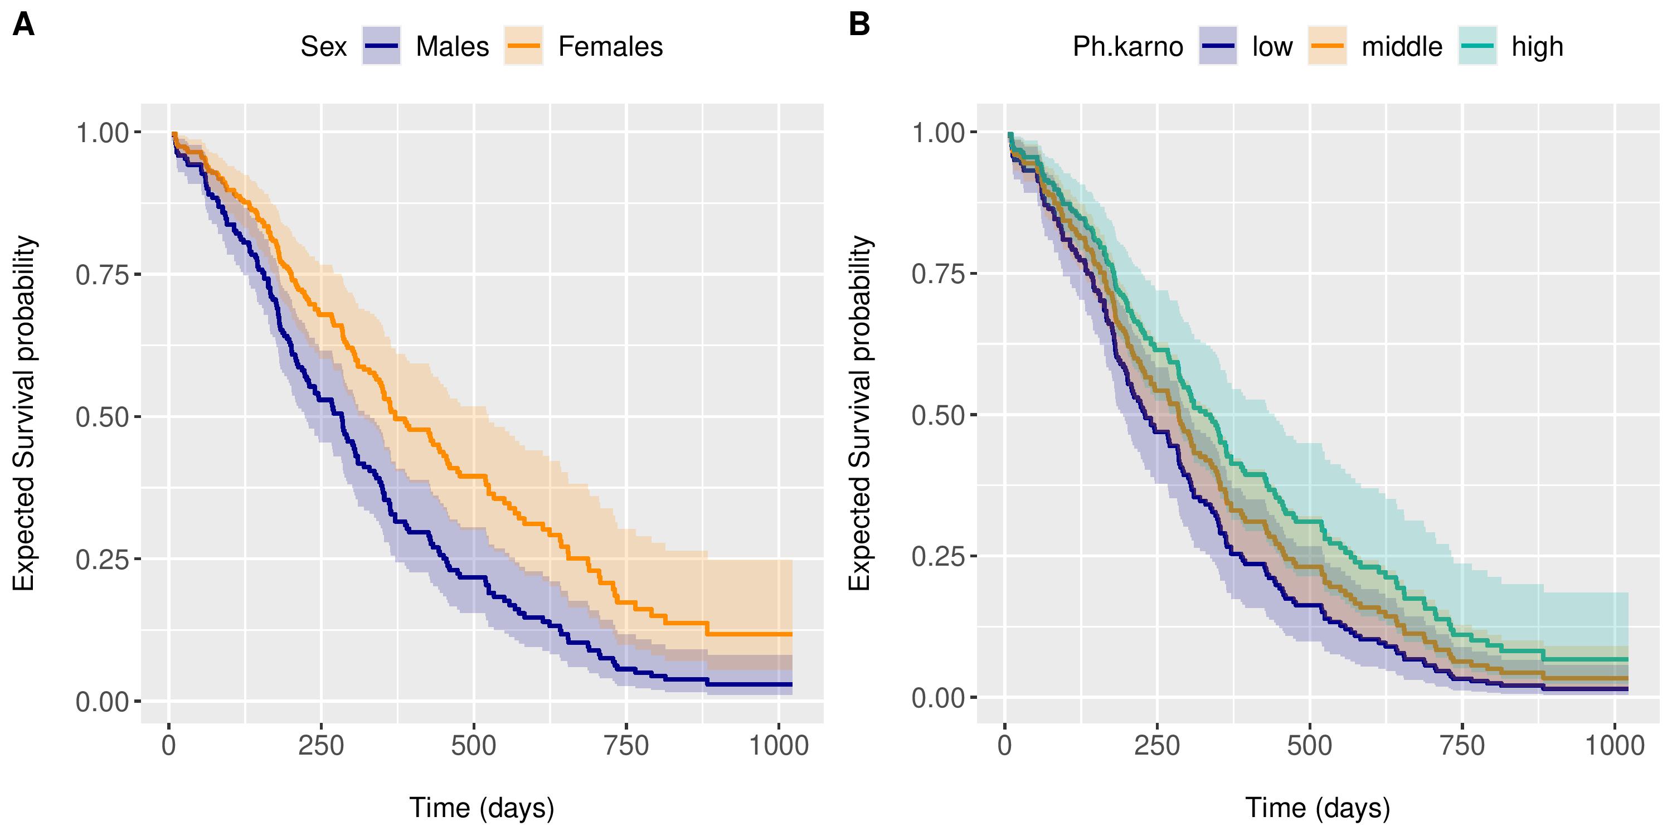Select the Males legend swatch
pyautogui.click(x=381, y=46)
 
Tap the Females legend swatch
pyautogui.click(x=523, y=46)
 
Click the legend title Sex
pyautogui.click(x=323, y=47)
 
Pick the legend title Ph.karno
pyautogui.click(x=1127, y=47)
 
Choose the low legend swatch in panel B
pyautogui.click(x=1218, y=46)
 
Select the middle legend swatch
pyautogui.click(x=1326, y=46)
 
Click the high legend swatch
pyautogui.click(x=1477, y=46)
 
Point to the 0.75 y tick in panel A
pyautogui.click(x=103, y=275)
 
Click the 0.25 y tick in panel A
pyautogui.click(x=103, y=560)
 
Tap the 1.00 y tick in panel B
pyautogui.click(x=939, y=133)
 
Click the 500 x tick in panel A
pyautogui.click(x=474, y=746)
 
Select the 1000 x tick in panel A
pyautogui.click(x=779, y=746)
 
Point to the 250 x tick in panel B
pyautogui.click(x=1156, y=746)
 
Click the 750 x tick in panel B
pyautogui.click(x=1462, y=746)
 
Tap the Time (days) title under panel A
pyautogui.click(x=482, y=808)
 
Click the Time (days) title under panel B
pyautogui.click(x=1318, y=808)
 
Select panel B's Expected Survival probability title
pyautogui.click(x=860, y=413)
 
